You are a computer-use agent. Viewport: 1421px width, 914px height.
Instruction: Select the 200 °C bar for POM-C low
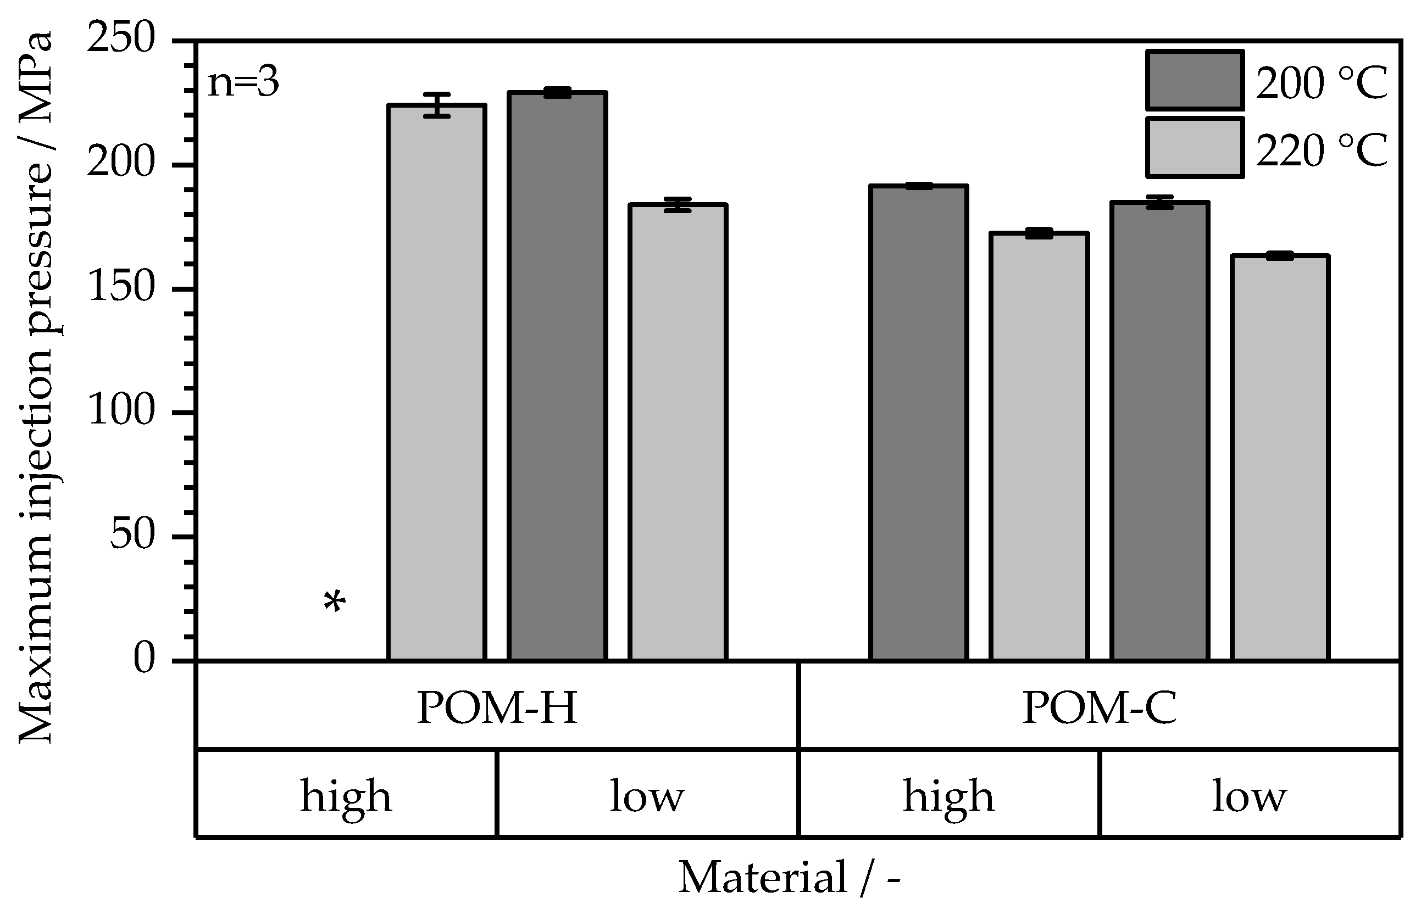tap(1159, 430)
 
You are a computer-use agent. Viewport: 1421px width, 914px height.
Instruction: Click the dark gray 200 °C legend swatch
tap(1194, 80)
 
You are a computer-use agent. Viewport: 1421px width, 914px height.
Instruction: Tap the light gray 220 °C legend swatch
tap(1194, 148)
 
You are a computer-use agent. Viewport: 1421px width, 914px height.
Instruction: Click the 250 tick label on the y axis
tap(120, 40)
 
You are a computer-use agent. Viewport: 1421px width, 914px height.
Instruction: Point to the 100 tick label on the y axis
tap(120, 411)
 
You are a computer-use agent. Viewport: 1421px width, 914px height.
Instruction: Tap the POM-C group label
tap(1098, 707)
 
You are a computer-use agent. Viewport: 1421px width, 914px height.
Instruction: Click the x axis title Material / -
tap(789, 877)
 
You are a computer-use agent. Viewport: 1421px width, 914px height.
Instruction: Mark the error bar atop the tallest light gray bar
tap(436, 105)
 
